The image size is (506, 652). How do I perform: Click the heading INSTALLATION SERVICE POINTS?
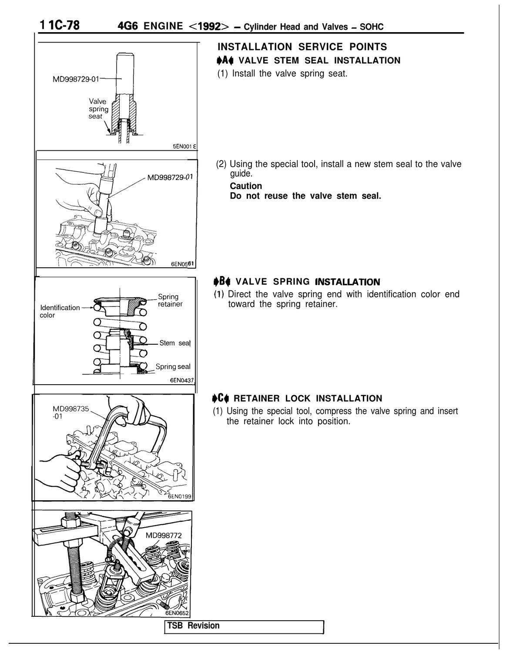click(x=302, y=47)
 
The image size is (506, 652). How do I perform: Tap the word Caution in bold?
click(x=246, y=186)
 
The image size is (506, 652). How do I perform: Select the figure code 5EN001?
click(x=184, y=147)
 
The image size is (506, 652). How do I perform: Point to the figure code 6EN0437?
click(x=181, y=380)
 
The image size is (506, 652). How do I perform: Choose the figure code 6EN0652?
click(x=178, y=612)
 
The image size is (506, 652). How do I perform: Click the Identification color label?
click(x=59, y=311)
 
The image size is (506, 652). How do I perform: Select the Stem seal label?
click(x=175, y=343)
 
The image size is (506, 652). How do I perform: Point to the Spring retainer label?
click(x=170, y=300)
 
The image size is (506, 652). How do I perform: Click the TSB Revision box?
click(x=244, y=626)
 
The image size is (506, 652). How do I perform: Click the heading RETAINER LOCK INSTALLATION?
click(x=308, y=398)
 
